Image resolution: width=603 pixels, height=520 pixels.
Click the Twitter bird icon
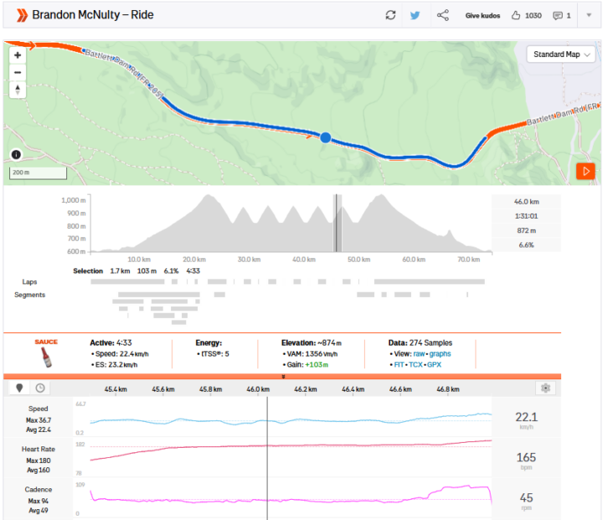[415, 15]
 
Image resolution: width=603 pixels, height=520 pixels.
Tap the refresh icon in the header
[390, 15]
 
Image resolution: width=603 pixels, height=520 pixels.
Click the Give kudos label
[482, 15]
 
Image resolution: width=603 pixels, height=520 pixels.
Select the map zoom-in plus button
[17, 55]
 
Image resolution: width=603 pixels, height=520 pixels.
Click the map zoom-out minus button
[17, 71]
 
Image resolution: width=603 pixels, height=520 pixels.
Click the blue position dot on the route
[326, 137]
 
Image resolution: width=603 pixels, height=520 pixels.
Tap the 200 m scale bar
[39, 172]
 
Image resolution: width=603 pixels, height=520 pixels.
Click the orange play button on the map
[585, 172]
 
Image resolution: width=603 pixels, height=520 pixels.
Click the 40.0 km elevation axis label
[302, 260]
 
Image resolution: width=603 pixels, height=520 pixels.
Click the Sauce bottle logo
[45, 357]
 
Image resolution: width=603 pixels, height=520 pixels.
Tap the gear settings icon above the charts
[546, 389]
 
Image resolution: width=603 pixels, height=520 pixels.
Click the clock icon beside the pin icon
[39, 389]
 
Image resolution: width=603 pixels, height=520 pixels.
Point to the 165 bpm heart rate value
[526, 457]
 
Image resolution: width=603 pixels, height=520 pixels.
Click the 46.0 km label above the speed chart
[258, 389]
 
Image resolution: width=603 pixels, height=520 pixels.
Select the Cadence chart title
[38, 490]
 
